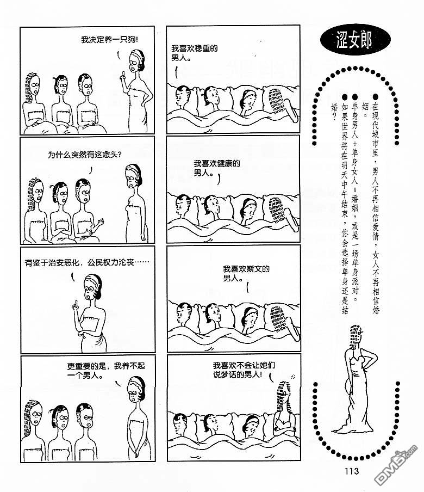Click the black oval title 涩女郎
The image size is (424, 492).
(355, 40)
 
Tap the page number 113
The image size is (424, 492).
(352, 471)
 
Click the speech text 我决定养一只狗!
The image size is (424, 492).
(109, 40)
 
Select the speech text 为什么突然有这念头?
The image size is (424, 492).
(85, 155)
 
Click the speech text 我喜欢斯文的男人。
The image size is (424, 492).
(246, 273)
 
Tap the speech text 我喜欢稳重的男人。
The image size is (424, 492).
(194, 53)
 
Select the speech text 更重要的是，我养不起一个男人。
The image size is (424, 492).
(106, 370)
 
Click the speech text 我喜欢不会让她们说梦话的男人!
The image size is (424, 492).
(244, 370)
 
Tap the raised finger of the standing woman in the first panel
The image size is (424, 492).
(123, 75)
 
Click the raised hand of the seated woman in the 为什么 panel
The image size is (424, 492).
(100, 223)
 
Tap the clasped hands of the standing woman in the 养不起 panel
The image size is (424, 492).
(136, 452)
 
